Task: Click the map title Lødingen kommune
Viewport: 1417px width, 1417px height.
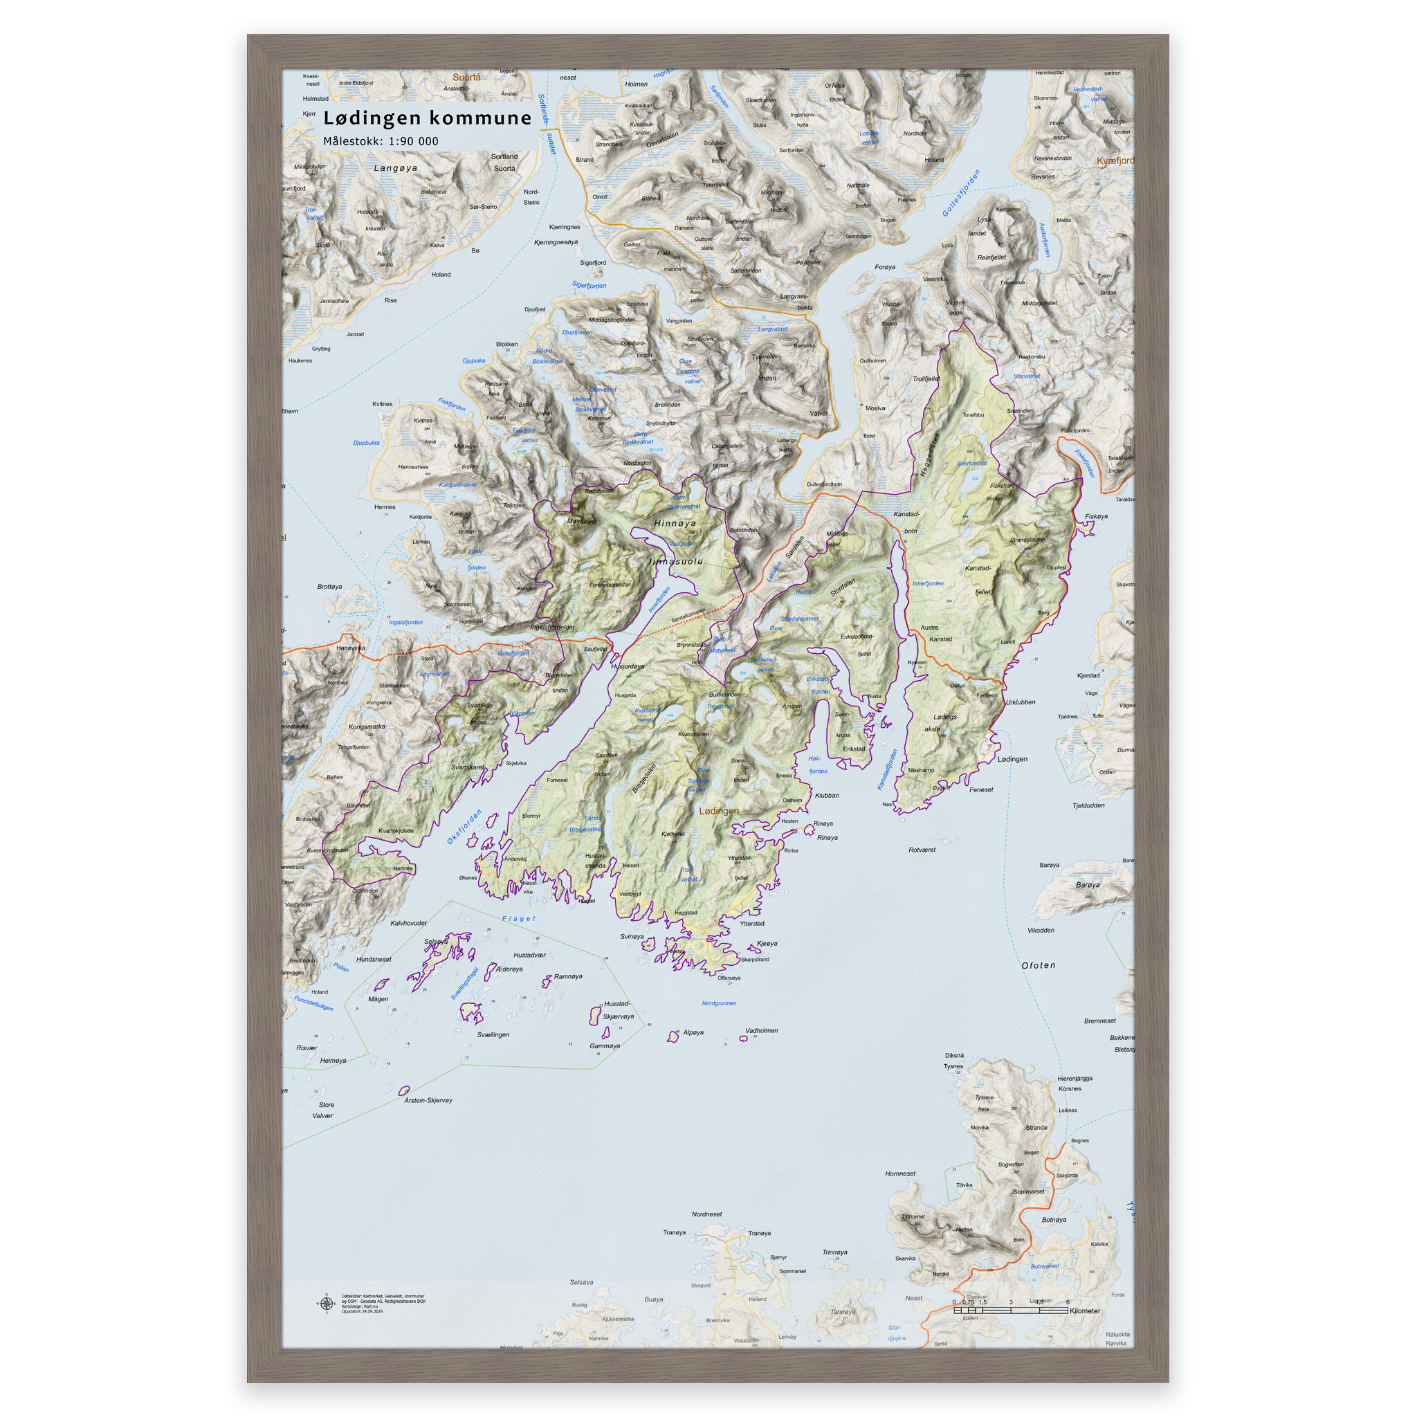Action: pyautogui.click(x=427, y=118)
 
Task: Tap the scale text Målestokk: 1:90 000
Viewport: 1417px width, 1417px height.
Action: pyautogui.click(x=381, y=141)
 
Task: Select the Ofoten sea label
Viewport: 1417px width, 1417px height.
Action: pyautogui.click(x=1038, y=965)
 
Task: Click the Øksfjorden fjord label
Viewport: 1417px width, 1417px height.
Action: pyautogui.click(x=464, y=827)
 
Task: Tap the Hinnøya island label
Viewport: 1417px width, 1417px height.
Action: pyautogui.click(x=675, y=523)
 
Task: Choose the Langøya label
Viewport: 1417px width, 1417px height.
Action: pyautogui.click(x=395, y=168)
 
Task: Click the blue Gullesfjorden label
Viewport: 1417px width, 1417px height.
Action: pyautogui.click(x=961, y=193)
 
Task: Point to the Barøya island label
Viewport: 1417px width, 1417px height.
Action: pyautogui.click(x=1087, y=885)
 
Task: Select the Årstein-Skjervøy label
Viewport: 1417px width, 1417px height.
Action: pyautogui.click(x=428, y=1100)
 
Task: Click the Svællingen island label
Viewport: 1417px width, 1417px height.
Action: pyautogui.click(x=493, y=1034)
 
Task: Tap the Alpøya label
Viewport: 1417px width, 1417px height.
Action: pyautogui.click(x=693, y=1032)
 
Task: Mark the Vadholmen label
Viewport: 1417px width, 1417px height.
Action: pyautogui.click(x=761, y=1030)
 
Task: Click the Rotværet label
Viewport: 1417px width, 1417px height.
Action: pyautogui.click(x=922, y=850)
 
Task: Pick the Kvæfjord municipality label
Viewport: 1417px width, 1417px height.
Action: pyautogui.click(x=1114, y=161)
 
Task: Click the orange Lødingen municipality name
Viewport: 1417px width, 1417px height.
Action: pyautogui.click(x=719, y=810)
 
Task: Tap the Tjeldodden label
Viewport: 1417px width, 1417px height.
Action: pyautogui.click(x=1088, y=805)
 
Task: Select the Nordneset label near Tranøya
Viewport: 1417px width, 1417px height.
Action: pyautogui.click(x=706, y=1214)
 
